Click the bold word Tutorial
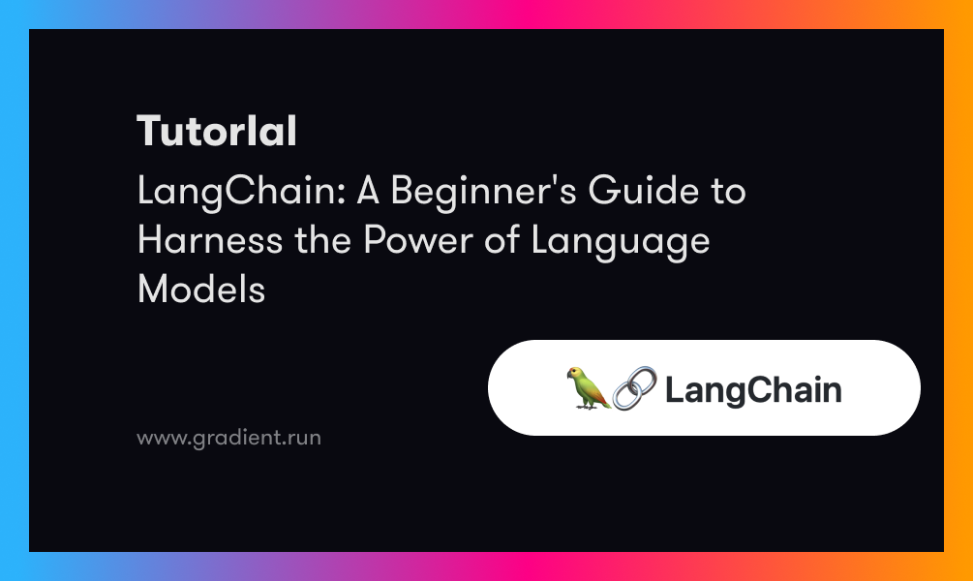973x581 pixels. point(217,131)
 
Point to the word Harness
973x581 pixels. point(210,239)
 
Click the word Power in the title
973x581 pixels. point(418,239)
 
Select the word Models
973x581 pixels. point(201,290)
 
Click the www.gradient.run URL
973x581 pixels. point(229,438)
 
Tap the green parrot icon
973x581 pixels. point(588,388)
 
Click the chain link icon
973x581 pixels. point(634,388)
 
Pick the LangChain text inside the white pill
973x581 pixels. point(753,391)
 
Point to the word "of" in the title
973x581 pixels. point(502,239)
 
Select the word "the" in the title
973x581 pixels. point(322,239)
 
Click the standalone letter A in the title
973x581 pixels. point(368,190)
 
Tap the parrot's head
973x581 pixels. point(575,375)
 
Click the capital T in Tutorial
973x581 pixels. point(150,131)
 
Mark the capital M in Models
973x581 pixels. point(152,290)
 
